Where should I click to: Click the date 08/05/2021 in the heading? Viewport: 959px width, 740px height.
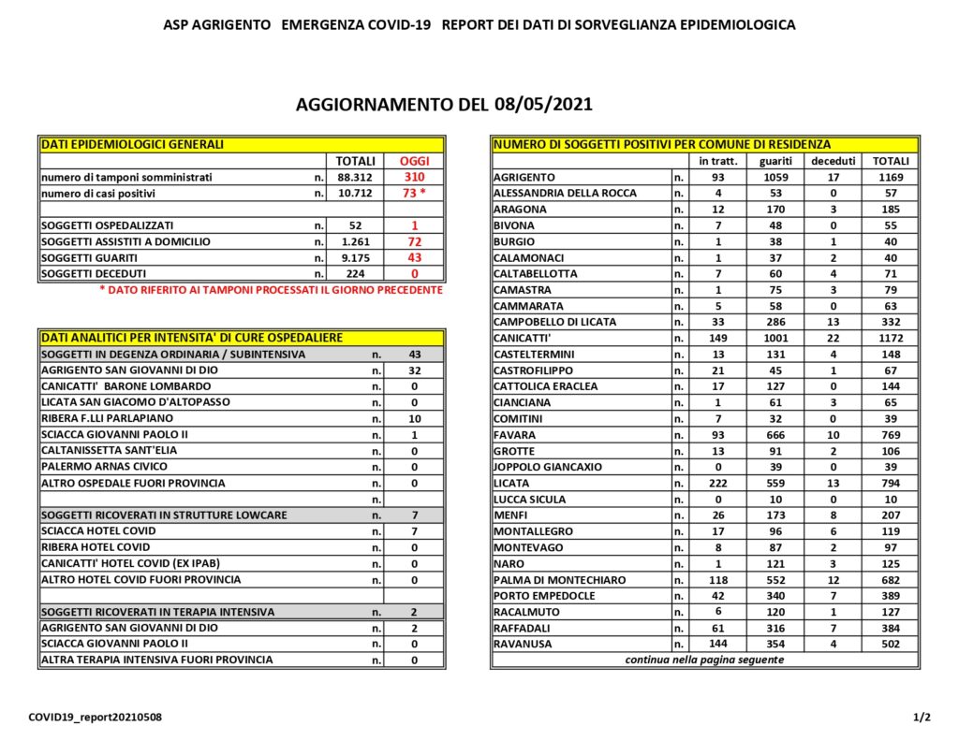pyautogui.click(x=538, y=104)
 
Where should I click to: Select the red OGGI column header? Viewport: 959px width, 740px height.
pyautogui.click(x=414, y=161)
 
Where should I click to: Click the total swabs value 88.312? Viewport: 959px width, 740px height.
pyautogui.click(x=356, y=177)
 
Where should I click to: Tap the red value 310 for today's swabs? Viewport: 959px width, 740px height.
pyautogui.click(x=414, y=177)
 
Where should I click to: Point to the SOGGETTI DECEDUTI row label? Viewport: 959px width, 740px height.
pyautogui.click(x=89, y=273)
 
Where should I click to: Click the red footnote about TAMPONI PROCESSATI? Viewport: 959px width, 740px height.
pyautogui.click(x=271, y=290)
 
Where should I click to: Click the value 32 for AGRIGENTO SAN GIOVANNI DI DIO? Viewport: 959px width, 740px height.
pyautogui.click(x=413, y=370)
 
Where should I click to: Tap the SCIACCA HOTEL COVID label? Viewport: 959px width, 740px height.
pyautogui.click(x=98, y=530)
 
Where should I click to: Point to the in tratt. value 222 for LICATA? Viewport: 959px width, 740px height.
pyautogui.click(x=718, y=483)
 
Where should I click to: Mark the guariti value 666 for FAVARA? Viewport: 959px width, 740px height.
pyautogui.click(x=775, y=434)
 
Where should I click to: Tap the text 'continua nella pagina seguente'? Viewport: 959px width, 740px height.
pyautogui.click(x=704, y=660)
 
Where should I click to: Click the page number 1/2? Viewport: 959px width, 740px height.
pyautogui.click(x=922, y=718)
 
